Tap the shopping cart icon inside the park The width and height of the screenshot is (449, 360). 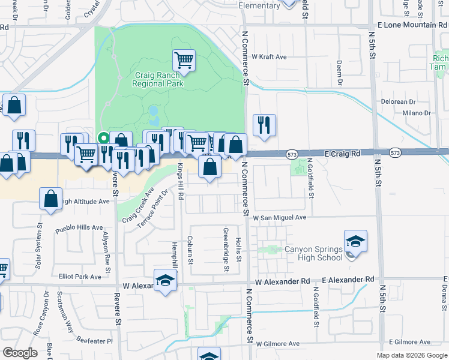pos(184,60)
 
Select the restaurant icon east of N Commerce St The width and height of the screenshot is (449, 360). pos(264,125)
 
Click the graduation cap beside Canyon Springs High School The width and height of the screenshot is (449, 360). pos(355,241)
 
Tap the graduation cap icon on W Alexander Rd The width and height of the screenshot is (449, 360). pos(165,281)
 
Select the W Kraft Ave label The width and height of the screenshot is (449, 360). pos(269,57)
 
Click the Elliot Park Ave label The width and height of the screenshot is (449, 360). pos(80,277)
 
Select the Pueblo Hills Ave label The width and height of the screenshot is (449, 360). pos(79,228)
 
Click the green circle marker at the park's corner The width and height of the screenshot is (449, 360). pos(103,136)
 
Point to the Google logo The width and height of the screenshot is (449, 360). pos(20,353)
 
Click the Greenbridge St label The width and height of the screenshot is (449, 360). pos(226,249)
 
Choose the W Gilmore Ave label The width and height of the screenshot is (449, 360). pos(277,344)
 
